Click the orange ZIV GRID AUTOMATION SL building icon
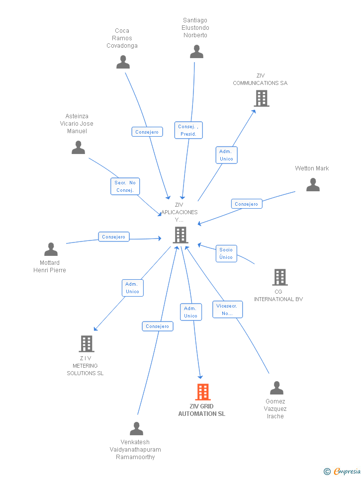pos(202,392)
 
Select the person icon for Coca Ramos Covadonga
pos(123,62)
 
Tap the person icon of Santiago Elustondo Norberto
pos(196,52)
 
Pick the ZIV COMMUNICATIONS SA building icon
pos(262,98)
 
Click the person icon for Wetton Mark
pos(313,185)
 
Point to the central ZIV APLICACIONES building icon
pos(180,235)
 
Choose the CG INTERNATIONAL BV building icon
pos(280,277)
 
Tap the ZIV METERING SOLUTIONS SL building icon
pos(87,344)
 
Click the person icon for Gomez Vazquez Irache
pos(276,388)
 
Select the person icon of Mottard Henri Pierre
pos(51,249)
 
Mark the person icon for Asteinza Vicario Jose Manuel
pos(78,148)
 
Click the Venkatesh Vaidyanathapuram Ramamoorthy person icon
pos(136,428)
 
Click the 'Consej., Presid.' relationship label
pos(188,130)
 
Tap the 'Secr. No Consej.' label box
pos(125,186)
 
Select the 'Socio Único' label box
pos(226,253)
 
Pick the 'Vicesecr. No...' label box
pos(227,310)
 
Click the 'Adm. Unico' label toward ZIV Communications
pos(226,155)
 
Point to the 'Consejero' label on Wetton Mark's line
pos(246,204)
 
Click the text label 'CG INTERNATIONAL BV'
pos(278,296)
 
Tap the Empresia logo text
pos(347,471)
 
